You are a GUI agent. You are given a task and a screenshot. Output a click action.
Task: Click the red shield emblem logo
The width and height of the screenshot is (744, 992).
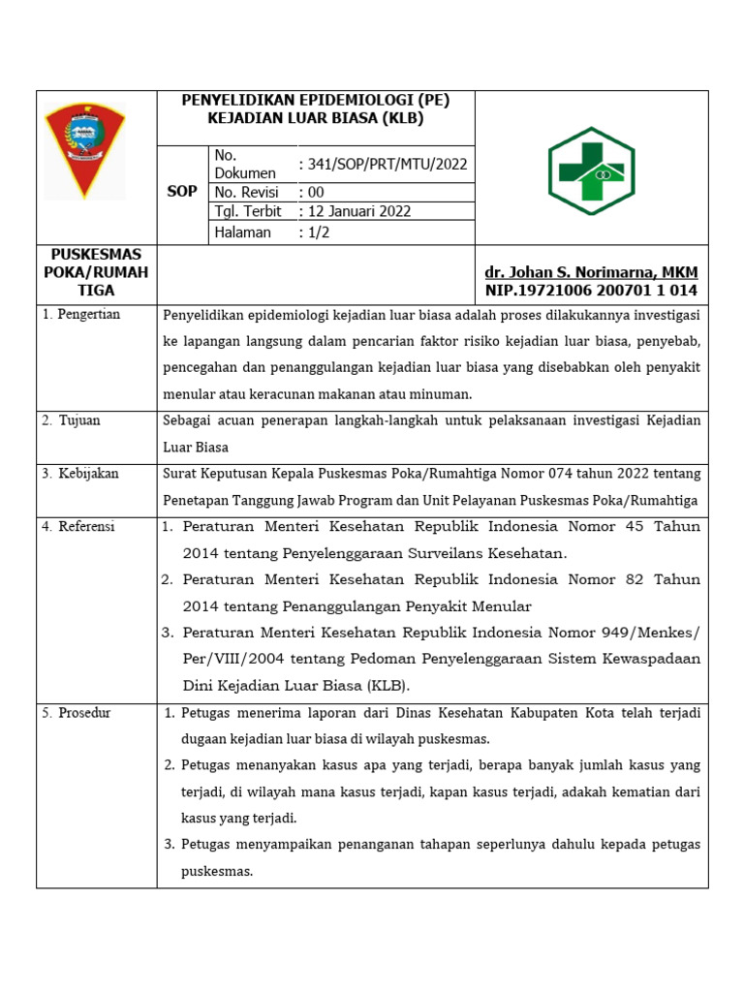[x=84, y=150]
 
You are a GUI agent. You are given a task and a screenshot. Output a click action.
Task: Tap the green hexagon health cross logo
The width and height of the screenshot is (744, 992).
[x=591, y=171]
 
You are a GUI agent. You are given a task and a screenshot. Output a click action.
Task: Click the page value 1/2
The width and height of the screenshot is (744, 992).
[x=317, y=232]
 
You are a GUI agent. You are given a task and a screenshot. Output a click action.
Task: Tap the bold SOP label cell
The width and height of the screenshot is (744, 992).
[x=182, y=191]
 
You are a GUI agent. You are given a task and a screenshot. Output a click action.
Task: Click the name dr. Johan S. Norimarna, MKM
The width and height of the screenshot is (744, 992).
[x=591, y=272]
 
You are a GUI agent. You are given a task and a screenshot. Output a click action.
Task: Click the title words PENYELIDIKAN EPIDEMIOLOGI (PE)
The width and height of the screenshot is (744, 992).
[x=316, y=100]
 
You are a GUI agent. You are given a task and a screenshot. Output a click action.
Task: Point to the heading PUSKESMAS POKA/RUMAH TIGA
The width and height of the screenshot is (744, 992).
[x=96, y=272]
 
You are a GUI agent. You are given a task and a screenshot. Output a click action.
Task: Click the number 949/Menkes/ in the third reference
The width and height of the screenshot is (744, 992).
[x=648, y=633]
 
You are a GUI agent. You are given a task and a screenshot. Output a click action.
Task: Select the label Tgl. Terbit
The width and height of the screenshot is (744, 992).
[x=248, y=211]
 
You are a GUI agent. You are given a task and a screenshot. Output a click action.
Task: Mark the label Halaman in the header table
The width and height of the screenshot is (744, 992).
[x=242, y=232]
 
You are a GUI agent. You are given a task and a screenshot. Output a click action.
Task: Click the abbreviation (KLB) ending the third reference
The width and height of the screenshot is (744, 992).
[x=387, y=685]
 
